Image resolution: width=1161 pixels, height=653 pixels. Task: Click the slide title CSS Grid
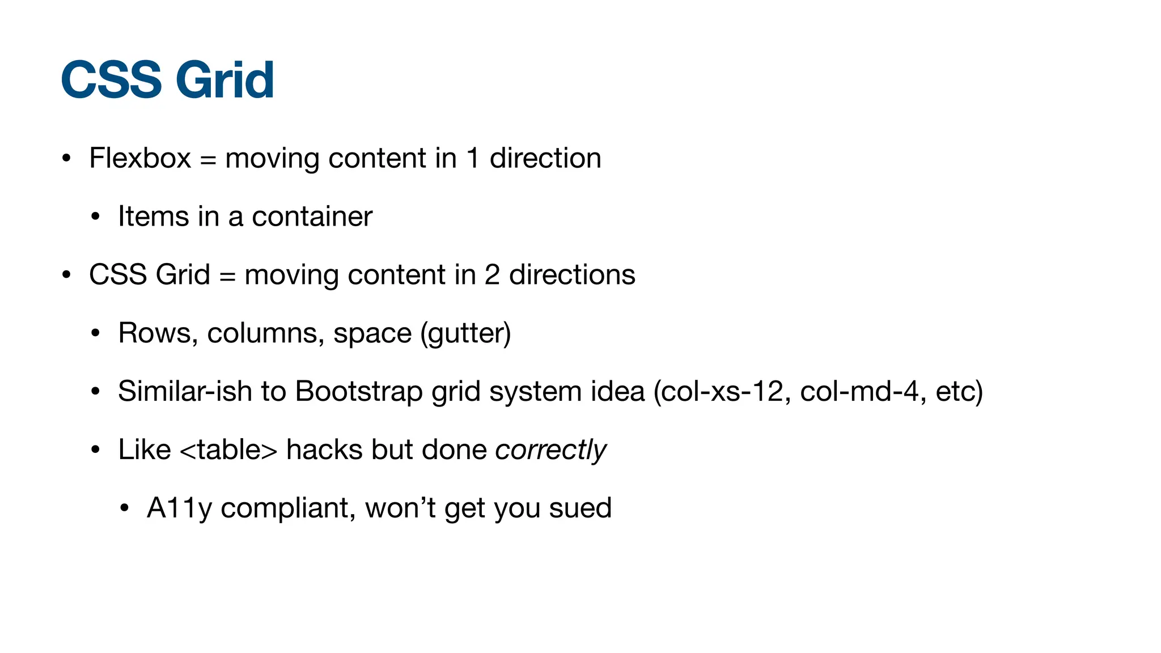[x=167, y=80]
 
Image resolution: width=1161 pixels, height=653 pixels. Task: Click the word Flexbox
[x=140, y=158]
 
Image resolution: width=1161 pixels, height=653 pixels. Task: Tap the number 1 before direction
[x=473, y=158]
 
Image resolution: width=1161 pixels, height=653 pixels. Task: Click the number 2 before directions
[x=492, y=275]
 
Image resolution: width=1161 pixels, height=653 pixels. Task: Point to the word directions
[x=572, y=275]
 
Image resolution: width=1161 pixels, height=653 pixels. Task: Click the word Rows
[x=155, y=333]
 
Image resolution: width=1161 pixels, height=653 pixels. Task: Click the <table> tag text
[x=228, y=450]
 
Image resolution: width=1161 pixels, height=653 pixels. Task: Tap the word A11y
[x=179, y=508]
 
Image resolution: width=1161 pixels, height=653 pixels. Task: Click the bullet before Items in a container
[x=95, y=217]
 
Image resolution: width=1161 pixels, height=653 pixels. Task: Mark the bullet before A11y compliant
[x=125, y=508]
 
